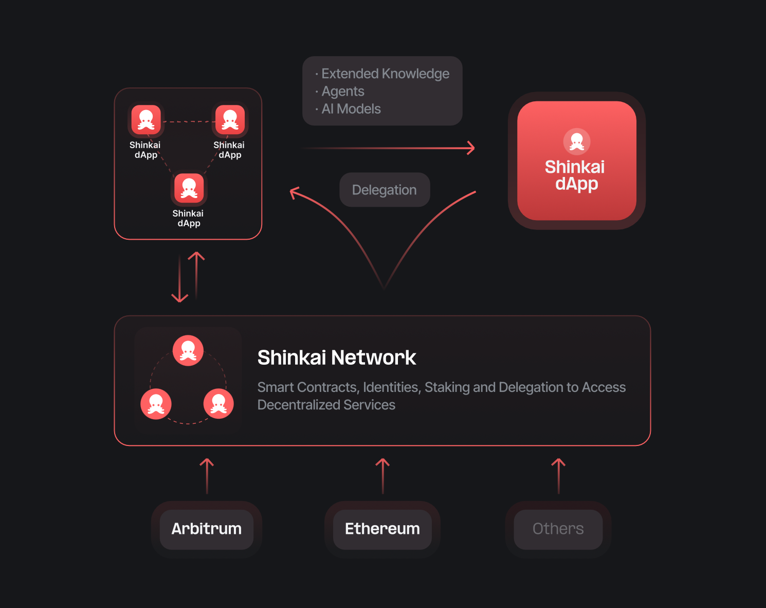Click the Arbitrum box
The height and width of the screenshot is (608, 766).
pos(207,529)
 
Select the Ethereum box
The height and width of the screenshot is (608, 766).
pos(382,529)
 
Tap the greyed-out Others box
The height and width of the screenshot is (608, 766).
pos(558,529)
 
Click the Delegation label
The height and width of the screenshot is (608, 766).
pos(385,190)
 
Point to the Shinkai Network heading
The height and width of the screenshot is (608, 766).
pos(337,357)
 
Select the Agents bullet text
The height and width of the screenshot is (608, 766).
pos(343,91)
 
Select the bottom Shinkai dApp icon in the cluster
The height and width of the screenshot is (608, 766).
pos(189,188)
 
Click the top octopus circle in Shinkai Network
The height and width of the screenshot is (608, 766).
pos(188,351)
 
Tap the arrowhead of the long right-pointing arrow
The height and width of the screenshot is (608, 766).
pos(470,148)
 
